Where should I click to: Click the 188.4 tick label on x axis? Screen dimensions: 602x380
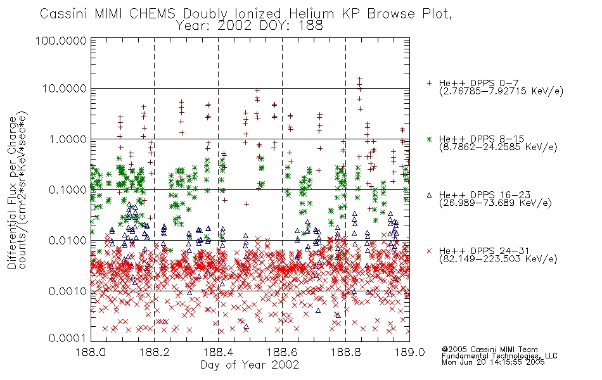tap(219, 352)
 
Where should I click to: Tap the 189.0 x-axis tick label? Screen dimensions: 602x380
tap(409, 352)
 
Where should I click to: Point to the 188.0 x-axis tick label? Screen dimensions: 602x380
tap(91, 352)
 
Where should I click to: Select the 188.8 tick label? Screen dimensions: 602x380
tap(346, 352)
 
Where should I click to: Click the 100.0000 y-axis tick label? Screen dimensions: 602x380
tap(61, 41)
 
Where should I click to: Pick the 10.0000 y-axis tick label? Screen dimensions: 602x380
tap(65, 89)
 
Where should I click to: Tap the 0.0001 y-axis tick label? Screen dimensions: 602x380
tap(68, 338)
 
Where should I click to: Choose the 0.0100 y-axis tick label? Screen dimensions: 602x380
tap(68, 241)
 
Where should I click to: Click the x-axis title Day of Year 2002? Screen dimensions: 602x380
tap(250, 365)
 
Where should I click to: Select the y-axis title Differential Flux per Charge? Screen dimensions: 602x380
tap(13, 193)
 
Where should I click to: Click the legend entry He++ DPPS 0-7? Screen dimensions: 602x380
tap(479, 83)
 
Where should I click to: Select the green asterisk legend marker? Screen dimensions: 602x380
tap(429, 139)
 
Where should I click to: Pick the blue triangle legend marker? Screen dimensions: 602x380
tap(429, 195)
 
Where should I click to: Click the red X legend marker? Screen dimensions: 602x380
tap(429, 251)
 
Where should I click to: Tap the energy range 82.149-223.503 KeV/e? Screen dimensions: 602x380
tap(498, 259)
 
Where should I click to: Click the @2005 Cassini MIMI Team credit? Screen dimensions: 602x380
tap(490, 350)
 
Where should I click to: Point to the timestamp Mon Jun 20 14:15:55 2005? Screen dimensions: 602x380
tap(493, 362)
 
